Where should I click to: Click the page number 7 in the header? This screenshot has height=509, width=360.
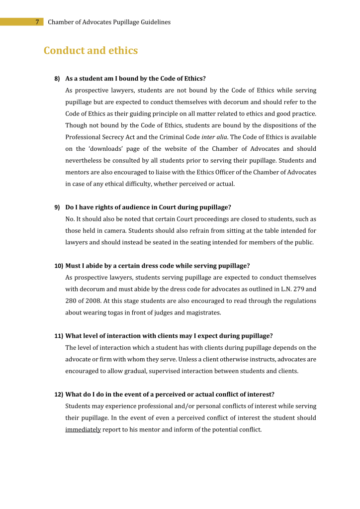37,22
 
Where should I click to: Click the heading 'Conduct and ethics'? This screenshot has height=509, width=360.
90,51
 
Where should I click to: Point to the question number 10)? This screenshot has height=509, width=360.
59,266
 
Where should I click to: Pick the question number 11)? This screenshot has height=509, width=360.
59,336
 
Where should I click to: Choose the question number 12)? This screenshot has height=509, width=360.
59,394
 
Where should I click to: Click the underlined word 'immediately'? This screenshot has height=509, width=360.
83,429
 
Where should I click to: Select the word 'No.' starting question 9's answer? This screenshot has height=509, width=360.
70,219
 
